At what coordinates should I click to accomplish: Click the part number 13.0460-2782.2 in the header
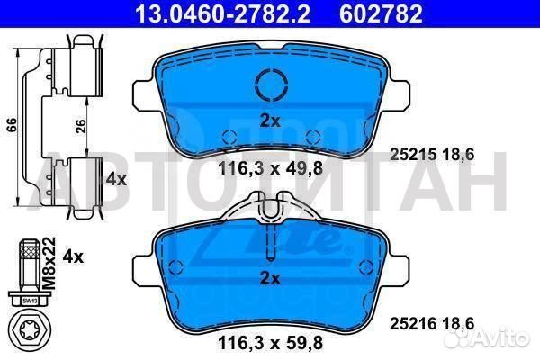(x=223, y=13)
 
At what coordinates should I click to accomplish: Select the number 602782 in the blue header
(x=381, y=13)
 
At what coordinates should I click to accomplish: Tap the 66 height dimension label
(x=11, y=125)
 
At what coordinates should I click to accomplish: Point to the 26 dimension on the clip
(x=80, y=127)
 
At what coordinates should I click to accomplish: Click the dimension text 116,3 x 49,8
(x=270, y=169)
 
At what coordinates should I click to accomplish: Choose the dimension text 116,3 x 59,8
(x=270, y=343)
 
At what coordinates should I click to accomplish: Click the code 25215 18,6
(x=432, y=155)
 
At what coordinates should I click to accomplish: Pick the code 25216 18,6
(x=432, y=324)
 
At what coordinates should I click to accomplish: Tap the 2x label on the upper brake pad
(x=270, y=121)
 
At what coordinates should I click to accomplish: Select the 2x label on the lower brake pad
(x=270, y=278)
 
